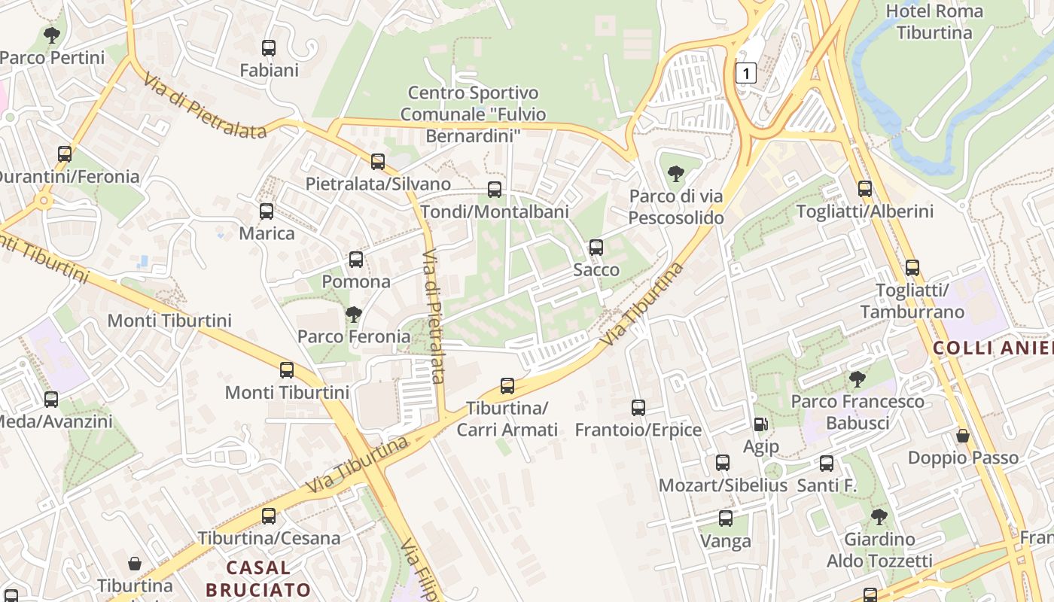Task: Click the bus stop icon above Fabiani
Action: (269, 48)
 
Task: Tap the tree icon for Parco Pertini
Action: (52, 35)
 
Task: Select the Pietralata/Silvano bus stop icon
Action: (378, 162)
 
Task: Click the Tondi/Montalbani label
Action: (495, 211)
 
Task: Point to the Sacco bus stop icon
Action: (596, 248)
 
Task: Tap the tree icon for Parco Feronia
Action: (353, 314)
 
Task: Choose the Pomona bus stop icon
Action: (356, 260)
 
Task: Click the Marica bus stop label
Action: (267, 233)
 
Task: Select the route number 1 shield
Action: (745, 73)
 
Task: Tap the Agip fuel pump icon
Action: (761, 424)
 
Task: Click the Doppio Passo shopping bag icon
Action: (962, 436)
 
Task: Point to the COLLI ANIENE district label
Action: (992, 348)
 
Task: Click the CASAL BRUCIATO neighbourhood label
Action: (258, 578)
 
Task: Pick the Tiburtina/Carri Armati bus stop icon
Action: (507, 386)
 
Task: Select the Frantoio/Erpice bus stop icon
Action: (638, 408)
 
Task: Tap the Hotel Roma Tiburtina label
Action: (934, 22)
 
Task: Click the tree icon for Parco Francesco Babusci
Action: (857, 379)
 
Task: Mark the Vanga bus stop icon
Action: (726, 518)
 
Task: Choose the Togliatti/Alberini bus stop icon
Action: (865, 189)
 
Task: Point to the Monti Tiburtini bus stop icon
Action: (287, 370)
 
